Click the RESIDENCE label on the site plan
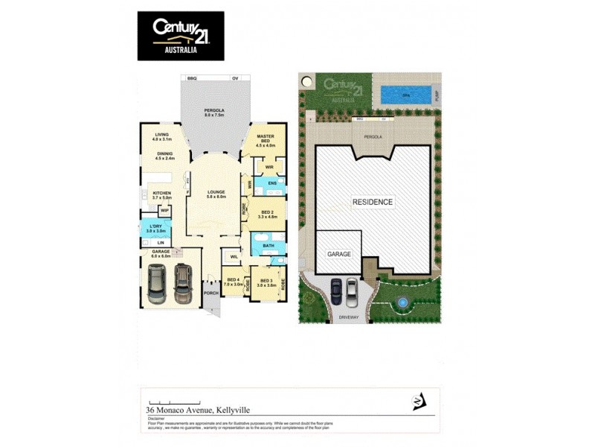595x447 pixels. point(373,202)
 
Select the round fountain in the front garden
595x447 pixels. point(402,303)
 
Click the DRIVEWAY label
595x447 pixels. point(349,317)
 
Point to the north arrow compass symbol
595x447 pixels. point(421,403)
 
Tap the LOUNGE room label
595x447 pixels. point(216,192)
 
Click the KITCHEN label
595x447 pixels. point(161,193)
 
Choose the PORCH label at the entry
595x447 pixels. point(210,292)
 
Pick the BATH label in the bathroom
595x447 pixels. point(268,245)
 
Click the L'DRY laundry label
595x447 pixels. point(155,226)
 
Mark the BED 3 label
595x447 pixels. point(266,282)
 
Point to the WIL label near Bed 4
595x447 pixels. point(234,257)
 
